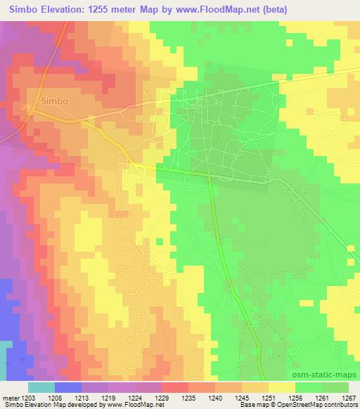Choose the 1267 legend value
click(349, 398)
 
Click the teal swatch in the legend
click(41, 387)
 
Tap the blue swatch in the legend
click(67, 387)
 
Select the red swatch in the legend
click(176, 387)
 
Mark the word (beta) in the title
click(260, 8)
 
